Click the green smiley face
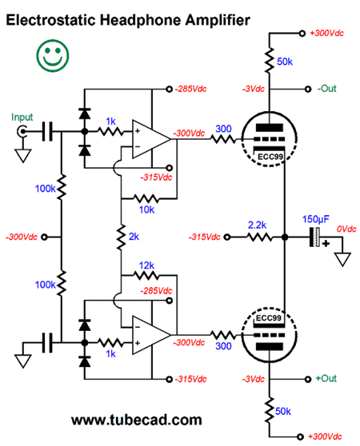pyautogui.click(x=53, y=56)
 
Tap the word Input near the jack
pyautogui.click(x=22, y=117)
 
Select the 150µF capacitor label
pyautogui.click(x=316, y=219)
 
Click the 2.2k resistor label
pyautogui.click(x=257, y=225)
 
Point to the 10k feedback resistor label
pyautogui.click(x=146, y=209)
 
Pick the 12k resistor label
pyautogui.click(x=146, y=265)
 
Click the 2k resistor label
pyautogui.click(x=134, y=237)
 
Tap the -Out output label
pyautogui.click(x=326, y=89)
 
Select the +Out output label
pyautogui.click(x=326, y=379)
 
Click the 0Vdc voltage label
pyautogui.click(x=346, y=229)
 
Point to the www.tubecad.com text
pyautogui.click(x=137, y=420)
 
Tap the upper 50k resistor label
pyautogui.click(x=285, y=62)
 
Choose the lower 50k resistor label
pyautogui.click(x=283, y=412)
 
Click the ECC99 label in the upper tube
pyautogui.click(x=270, y=157)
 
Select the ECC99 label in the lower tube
pyautogui.click(x=268, y=318)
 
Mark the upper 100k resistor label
pyautogui.click(x=45, y=189)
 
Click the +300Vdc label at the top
pyautogui.click(x=326, y=34)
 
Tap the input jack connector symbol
pyautogui.click(x=22, y=131)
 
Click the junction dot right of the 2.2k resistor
pyautogui.click(x=285, y=237)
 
